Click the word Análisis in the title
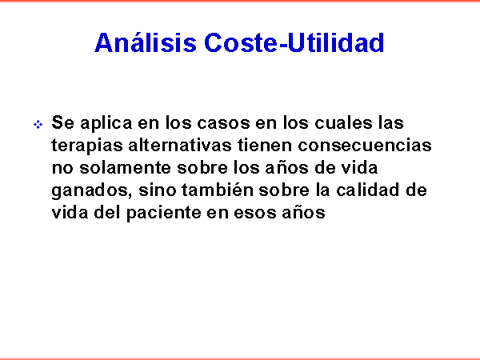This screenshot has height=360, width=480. [x=146, y=42]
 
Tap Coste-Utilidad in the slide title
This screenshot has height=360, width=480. [x=294, y=42]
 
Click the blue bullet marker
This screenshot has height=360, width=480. [x=38, y=125]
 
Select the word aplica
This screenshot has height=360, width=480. [x=106, y=123]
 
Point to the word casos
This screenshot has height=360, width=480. [x=223, y=123]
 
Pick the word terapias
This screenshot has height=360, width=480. [x=87, y=146]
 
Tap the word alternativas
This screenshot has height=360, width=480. [x=180, y=145]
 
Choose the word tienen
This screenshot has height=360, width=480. [x=265, y=145]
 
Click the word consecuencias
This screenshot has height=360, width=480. [x=365, y=145]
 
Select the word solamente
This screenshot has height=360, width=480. [x=126, y=167]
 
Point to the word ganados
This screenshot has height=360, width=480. [x=91, y=190]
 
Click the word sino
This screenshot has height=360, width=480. [x=158, y=190]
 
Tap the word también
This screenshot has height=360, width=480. [x=218, y=190]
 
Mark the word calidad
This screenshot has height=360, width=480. [x=368, y=190]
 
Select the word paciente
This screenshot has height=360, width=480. [x=164, y=213]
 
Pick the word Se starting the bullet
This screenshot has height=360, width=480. [x=62, y=122]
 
